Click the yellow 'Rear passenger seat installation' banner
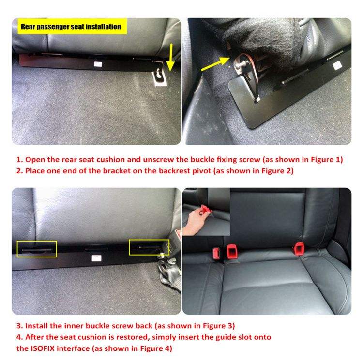click(72, 27)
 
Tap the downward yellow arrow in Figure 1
click(171, 57)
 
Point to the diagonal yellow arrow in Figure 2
click(215, 64)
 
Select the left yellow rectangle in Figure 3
click(37, 249)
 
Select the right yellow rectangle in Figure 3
click(149, 247)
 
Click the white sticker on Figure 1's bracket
click(98, 64)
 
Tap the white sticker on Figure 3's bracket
click(96, 258)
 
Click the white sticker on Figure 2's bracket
click(337, 66)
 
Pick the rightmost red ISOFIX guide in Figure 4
click(299, 248)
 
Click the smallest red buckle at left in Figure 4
click(216, 253)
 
